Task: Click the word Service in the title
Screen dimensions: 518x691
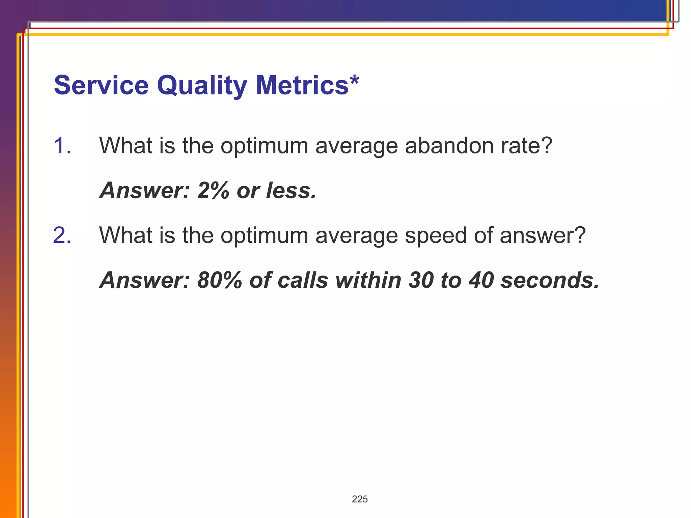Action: (101, 85)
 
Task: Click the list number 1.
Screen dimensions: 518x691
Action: (62, 146)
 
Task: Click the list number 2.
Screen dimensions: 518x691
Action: (62, 235)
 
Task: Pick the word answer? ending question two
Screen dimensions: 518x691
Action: (543, 235)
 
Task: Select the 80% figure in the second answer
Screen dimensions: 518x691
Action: (220, 280)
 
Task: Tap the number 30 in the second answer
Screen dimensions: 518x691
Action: (421, 280)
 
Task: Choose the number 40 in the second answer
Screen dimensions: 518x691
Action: (481, 280)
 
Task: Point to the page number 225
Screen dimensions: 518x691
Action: (360, 499)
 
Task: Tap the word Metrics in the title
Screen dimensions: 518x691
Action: (302, 85)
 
